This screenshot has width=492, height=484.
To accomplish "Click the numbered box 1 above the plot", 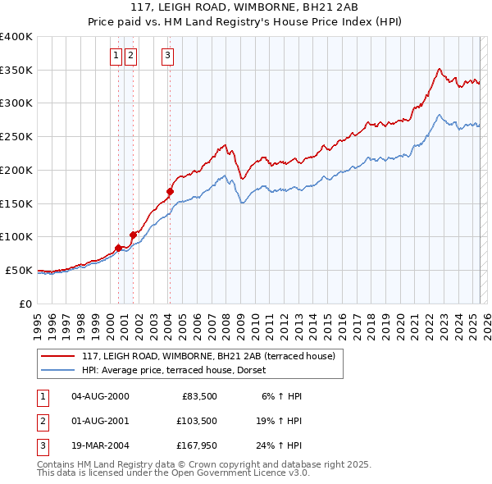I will click(x=116, y=56).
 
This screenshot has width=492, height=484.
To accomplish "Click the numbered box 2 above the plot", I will click(x=131, y=56).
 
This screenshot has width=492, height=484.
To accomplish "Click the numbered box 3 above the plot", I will click(x=167, y=56).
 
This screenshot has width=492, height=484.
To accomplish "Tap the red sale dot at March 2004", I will click(x=170, y=191).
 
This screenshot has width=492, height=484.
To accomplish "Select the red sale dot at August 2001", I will click(x=133, y=234).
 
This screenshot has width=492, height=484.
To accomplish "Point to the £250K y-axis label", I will click(x=16, y=137).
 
